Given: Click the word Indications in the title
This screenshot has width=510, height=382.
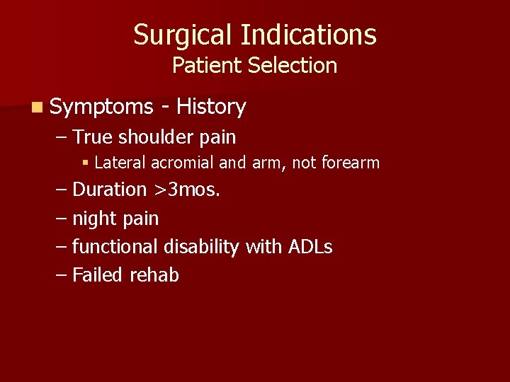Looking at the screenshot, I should [x=308, y=35].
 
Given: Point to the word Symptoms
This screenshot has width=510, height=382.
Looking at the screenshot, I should [x=102, y=108].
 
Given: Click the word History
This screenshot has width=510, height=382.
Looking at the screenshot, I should [x=211, y=107].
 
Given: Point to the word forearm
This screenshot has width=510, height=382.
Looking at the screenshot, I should [x=351, y=163].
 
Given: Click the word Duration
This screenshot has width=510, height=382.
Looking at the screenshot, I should [x=110, y=190].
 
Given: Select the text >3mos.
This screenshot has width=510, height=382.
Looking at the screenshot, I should [x=186, y=190].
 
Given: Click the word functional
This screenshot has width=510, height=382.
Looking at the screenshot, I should [x=115, y=247].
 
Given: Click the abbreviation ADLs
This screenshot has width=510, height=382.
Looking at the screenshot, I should [x=310, y=247].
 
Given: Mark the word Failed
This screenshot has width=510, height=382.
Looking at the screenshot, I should [x=98, y=274].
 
